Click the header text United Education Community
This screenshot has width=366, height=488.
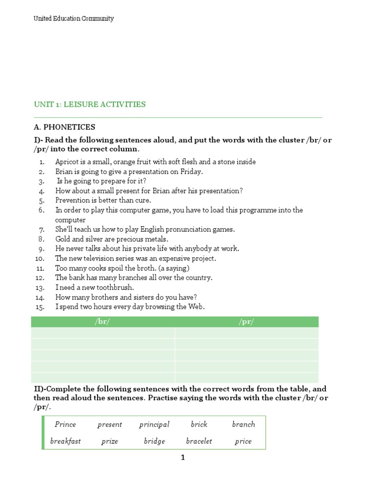coord(73,19)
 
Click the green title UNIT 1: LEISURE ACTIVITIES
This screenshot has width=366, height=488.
coord(90,104)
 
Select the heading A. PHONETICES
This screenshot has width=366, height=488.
coord(64,127)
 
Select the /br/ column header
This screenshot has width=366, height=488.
coord(102,322)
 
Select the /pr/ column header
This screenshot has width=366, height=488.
coord(246,322)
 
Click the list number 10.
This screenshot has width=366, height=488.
coord(40,259)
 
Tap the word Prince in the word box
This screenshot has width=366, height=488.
coord(65,425)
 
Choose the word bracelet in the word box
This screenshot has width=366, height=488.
coord(199,441)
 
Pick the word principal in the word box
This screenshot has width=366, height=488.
coord(154,425)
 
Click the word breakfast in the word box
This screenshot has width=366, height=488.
coord(65,441)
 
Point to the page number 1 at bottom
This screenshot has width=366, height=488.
coord(183,458)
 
